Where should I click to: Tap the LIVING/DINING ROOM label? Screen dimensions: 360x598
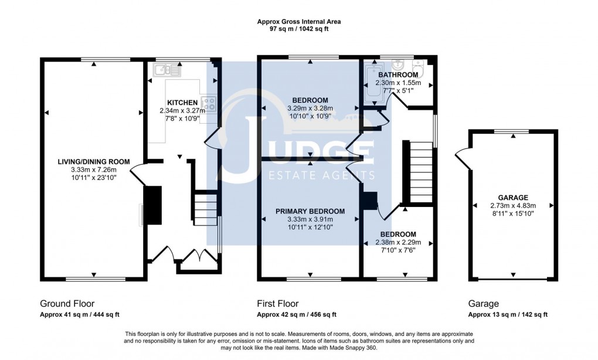(93, 161)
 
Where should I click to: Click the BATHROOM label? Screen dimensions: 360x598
(398, 75)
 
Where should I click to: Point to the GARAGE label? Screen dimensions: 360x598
(513, 198)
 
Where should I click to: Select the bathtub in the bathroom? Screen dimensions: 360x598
(372, 85)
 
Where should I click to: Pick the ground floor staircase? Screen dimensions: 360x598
(205, 208)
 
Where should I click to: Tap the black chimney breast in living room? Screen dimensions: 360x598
(153, 205)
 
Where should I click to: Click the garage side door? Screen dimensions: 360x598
(461, 158)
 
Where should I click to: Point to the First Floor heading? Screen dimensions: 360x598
(278, 304)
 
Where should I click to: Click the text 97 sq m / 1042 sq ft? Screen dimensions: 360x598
(299, 29)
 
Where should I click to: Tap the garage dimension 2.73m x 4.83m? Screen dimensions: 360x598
(513, 206)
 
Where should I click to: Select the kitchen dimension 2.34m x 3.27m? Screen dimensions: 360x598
(182, 111)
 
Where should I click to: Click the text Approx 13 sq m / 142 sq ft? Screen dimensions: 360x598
(508, 315)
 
